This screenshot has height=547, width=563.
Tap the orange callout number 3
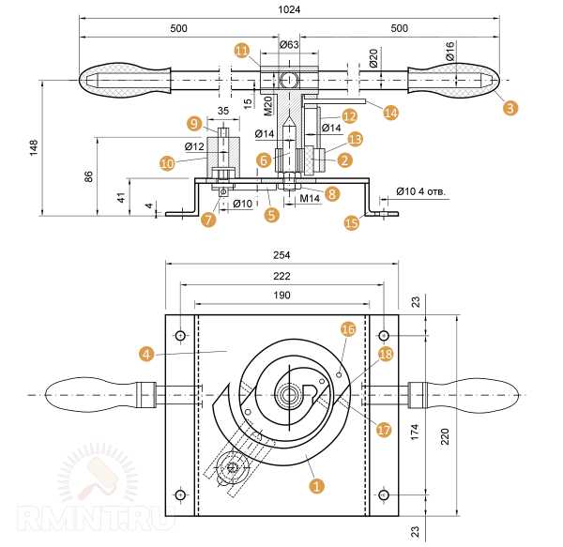pyautogui.click(x=510, y=108)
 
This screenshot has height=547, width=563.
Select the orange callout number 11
pyautogui.click(x=242, y=50)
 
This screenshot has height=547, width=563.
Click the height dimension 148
pyautogui.click(x=35, y=148)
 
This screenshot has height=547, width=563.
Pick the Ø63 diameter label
pyautogui.click(x=290, y=44)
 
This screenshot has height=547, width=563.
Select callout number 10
pyautogui.click(x=167, y=162)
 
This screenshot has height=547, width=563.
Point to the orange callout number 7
pyautogui.click(x=207, y=220)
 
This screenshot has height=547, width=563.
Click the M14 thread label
pyautogui.click(x=311, y=199)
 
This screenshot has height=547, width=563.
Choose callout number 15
pyautogui.click(x=352, y=222)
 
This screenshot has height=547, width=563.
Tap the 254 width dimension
pyautogui.click(x=282, y=255)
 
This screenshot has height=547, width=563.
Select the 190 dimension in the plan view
pyautogui.click(x=282, y=296)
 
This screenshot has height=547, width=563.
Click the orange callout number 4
pyautogui.click(x=145, y=354)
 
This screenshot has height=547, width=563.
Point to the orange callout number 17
pyautogui.click(x=383, y=430)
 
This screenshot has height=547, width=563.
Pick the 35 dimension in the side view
pyautogui.click(x=222, y=111)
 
